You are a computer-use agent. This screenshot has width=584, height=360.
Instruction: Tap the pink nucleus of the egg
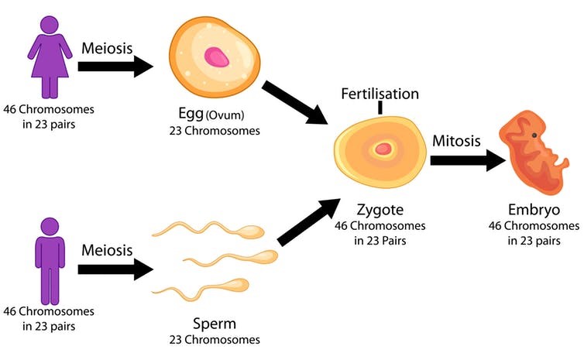216,57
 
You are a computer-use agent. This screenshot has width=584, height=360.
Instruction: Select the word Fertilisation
380,94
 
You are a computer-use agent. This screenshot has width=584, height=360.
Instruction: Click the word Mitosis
457,142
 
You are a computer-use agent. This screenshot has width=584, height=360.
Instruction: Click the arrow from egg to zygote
295,101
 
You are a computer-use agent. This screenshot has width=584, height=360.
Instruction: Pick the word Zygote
380,211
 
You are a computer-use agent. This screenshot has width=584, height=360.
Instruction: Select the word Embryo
534,211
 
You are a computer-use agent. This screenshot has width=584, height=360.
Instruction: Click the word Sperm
214,324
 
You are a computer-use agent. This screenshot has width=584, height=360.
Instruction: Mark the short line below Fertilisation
380,108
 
